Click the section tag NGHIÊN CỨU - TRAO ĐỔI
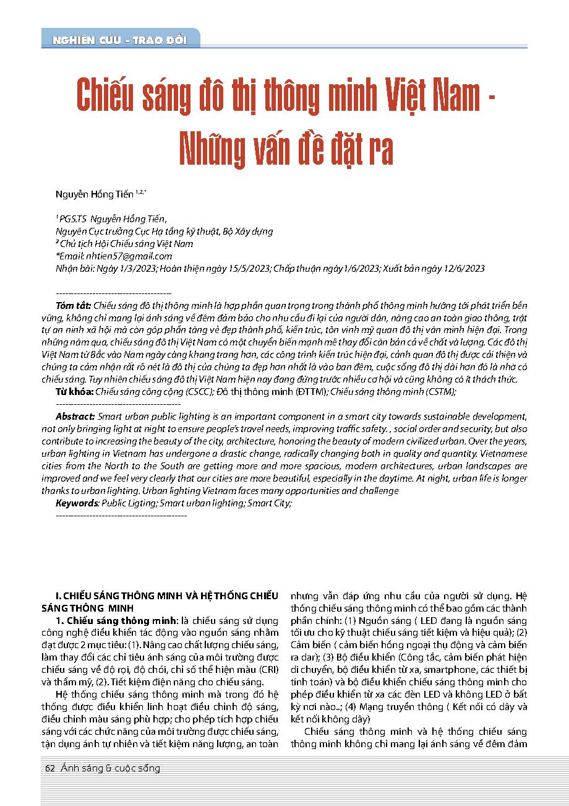(121, 40)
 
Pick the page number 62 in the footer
(51, 768)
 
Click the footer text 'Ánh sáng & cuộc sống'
(111, 768)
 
